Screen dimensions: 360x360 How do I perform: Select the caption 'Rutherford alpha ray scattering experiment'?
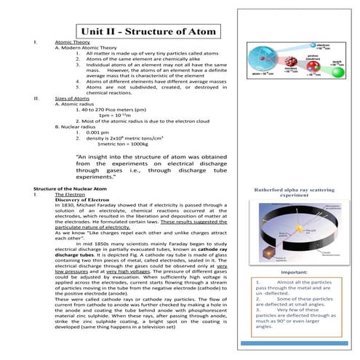[292, 192]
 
